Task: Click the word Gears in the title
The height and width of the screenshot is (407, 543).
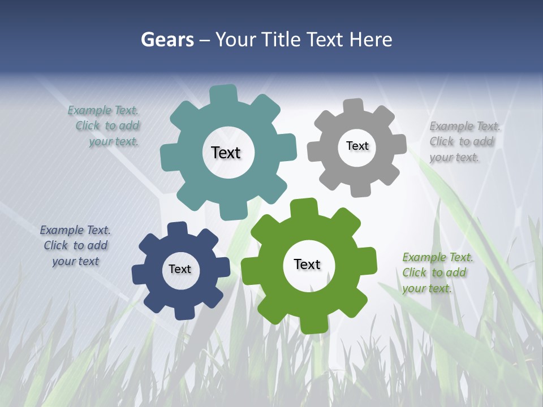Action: point(167,40)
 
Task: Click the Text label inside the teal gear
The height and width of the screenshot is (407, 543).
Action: point(226,153)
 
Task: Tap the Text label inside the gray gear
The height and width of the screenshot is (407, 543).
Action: point(357,146)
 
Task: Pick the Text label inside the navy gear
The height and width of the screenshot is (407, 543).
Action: point(180,269)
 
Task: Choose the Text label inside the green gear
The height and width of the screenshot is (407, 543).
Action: point(307,264)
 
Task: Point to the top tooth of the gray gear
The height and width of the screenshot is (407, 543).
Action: point(354,106)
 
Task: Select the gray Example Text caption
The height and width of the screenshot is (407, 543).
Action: point(464,142)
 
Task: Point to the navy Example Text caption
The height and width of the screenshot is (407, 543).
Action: point(75,246)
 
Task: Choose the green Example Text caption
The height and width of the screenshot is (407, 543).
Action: point(437,273)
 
